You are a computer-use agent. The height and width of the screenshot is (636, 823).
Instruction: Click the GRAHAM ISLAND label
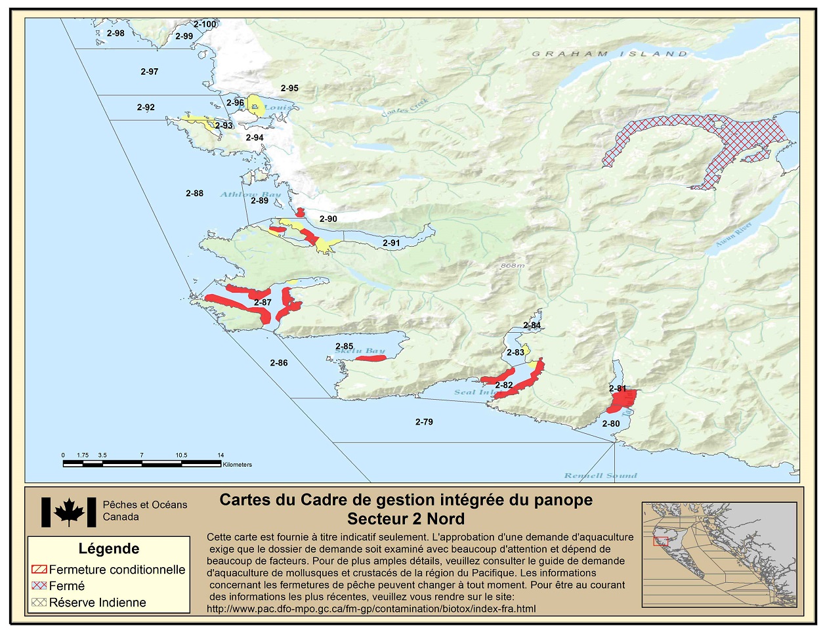pyautogui.click(x=609, y=54)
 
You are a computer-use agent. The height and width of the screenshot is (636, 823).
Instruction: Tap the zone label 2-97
pyautogui.click(x=149, y=72)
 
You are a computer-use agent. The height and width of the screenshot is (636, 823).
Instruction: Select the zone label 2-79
pyautogui.click(x=424, y=422)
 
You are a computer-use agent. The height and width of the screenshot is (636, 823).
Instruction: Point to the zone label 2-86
pyautogui.click(x=279, y=363)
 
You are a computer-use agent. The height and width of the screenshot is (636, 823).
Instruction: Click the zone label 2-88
pyautogui.click(x=194, y=194)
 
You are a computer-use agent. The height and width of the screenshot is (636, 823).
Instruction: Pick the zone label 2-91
pyautogui.click(x=391, y=243)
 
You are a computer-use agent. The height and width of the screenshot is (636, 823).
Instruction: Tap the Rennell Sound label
pyautogui.click(x=601, y=475)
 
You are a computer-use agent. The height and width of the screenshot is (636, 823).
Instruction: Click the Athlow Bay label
pyautogui.click(x=250, y=194)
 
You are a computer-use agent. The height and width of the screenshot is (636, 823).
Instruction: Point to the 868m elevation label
pyautogui.click(x=513, y=266)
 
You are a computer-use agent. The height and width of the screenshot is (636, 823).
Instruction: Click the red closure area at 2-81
pyautogui.click(x=621, y=400)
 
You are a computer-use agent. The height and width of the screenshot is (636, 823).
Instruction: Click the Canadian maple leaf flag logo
pyautogui.click(x=69, y=512)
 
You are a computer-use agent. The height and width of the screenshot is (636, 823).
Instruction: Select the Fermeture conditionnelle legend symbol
pyautogui.click(x=39, y=569)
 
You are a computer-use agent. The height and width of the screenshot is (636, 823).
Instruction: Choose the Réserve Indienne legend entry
pyautogui.click(x=97, y=603)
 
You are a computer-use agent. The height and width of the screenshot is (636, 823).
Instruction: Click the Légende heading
pyautogui.click(x=109, y=549)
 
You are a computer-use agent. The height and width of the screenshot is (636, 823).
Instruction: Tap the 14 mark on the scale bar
pyautogui.click(x=221, y=455)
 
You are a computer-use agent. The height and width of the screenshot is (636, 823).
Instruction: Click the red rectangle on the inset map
pyautogui.click(x=660, y=541)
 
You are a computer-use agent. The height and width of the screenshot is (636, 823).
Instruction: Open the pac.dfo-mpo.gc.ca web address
pyautogui.click(x=371, y=608)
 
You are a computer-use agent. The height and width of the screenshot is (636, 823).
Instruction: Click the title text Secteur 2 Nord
pyautogui.click(x=406, y=519)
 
